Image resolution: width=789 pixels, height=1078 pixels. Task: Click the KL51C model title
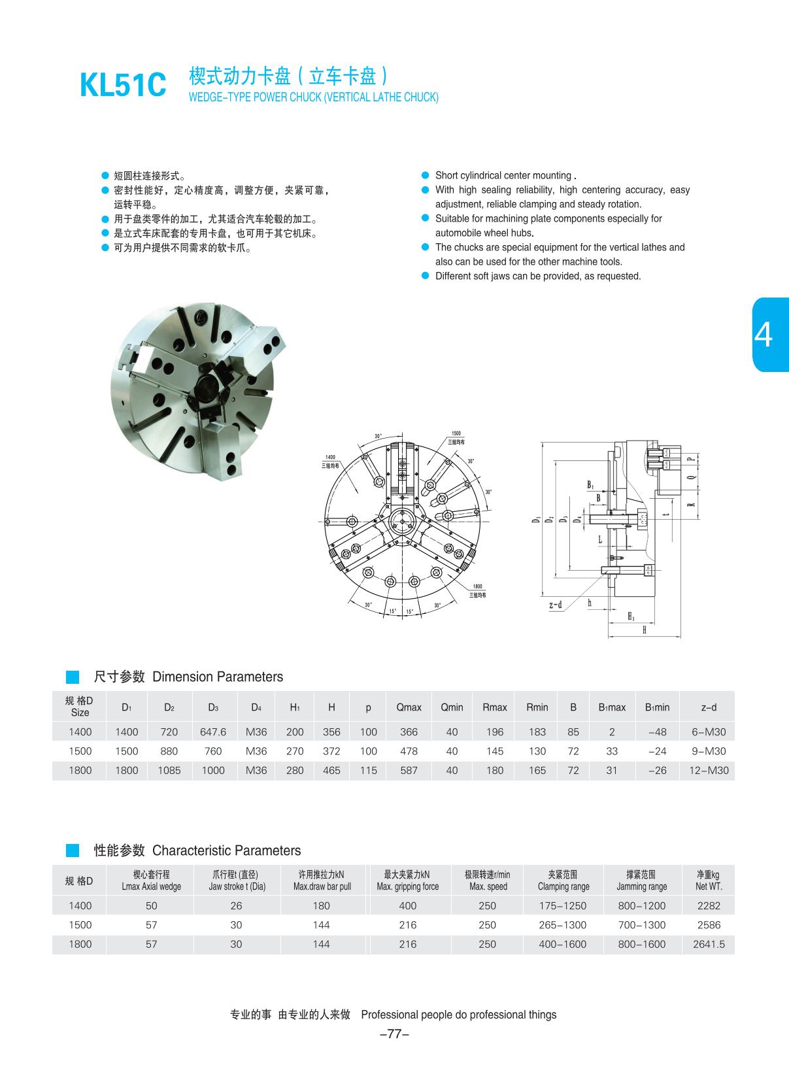point(123,86)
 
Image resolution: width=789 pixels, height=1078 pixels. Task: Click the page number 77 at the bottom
point(394,1034)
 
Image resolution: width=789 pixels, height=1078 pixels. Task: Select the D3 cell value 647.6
point(213,732)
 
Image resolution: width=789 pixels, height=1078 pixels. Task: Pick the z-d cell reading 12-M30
point(708,770)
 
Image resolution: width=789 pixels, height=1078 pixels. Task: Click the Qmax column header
point(409,707)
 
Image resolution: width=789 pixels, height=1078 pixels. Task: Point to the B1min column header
point(657,707)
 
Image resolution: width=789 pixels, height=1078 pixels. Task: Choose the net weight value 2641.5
point(709,944)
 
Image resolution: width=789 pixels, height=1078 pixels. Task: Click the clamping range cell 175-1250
point(563,905)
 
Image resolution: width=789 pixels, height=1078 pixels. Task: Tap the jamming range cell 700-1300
point(641,925)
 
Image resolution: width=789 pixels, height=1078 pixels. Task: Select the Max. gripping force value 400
point(407,905)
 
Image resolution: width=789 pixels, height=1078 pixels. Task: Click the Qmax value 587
point(409,770)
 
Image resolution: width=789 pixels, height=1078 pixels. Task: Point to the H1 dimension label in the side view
point(631,616)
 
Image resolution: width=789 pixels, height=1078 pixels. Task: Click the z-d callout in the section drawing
point(556,605)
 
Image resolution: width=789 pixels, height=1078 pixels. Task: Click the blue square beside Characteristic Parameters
point(73,851)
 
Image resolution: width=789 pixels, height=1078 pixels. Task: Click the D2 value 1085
point(169,770)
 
